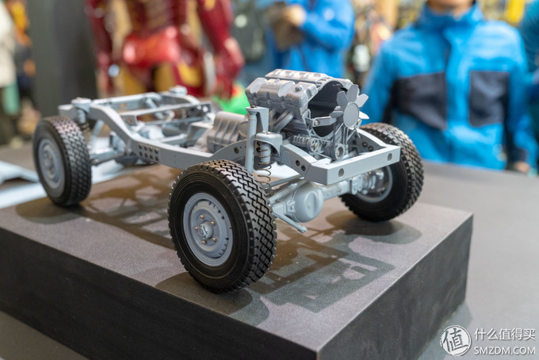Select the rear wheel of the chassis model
coord(62,161)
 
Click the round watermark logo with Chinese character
coord(455,340)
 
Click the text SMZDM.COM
coord(504,350)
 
